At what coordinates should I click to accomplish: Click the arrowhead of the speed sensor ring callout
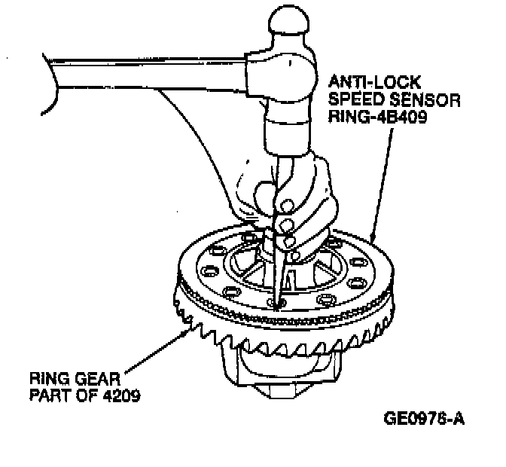click(x=373, y=239)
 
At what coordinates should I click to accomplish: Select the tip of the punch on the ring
click(x=277, y=304)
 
